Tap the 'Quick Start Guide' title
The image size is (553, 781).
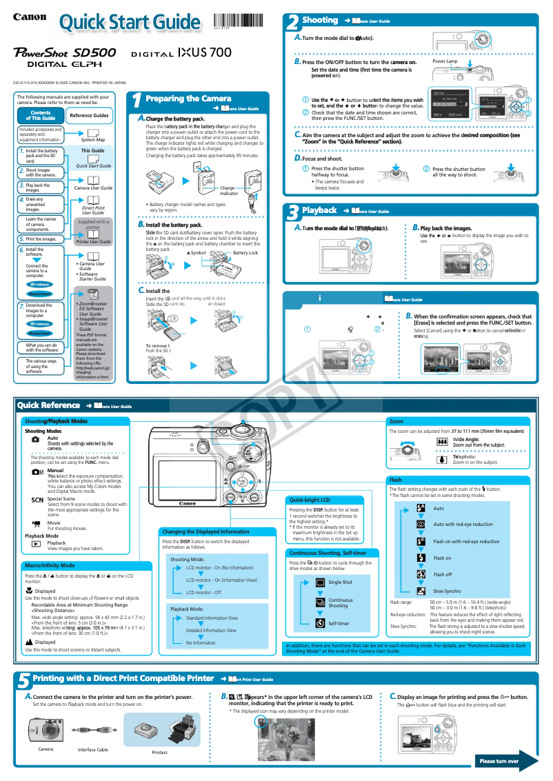[x=129, y=23]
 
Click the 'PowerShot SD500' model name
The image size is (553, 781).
[x=66, y=52]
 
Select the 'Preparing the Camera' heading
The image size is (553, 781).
[x=188, y=99]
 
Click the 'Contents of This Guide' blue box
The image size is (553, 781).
[x=41, y=115]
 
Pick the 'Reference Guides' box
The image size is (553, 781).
[x=89, y=115]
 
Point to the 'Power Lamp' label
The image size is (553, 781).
[x=445, y=61]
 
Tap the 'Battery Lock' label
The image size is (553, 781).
[x=245, y=253]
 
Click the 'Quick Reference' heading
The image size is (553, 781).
[x=49, y=405]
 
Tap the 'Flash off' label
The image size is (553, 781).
[x=443, y=575]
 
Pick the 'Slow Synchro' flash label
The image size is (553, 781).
[x=447, y=591]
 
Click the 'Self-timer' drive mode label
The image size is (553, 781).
[x=339, y=623]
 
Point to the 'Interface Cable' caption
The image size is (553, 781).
[x=92, y=749]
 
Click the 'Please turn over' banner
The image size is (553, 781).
[x=499, y=761]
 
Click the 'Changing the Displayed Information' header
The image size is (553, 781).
[x=205, y=531]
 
